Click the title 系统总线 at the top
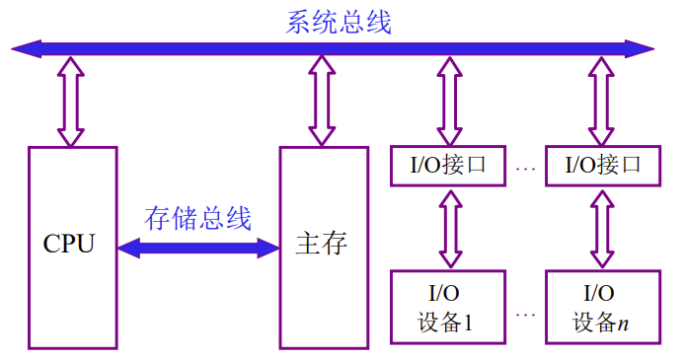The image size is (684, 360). click(x=339, y=21)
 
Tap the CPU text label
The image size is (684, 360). click(x=70, y=244)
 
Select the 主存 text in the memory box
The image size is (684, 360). click(x=322, y=244)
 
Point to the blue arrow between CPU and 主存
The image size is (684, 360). click(x=198, y=248)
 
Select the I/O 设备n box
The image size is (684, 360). click(x=602, y=308)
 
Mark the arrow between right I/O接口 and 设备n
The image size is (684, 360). click(x=602, y=228)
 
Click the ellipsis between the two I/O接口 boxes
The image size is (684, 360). click(x=525, y=169)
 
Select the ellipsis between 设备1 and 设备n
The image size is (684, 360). click(x=525, y=314)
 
